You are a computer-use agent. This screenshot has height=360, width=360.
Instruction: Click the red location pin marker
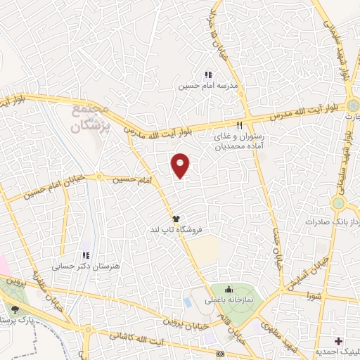[181, 166]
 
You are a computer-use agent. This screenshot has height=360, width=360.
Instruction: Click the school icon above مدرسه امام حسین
[208, 75]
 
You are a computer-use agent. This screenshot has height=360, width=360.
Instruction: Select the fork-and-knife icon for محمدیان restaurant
[239, 125]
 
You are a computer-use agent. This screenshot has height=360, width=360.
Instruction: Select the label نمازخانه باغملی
[229, 300]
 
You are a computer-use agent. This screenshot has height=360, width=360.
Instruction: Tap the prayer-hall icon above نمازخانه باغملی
[229, 288]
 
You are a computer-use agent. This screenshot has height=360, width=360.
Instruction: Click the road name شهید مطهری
[278, 332]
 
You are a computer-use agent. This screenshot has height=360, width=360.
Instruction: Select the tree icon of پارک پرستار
[15, 307]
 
